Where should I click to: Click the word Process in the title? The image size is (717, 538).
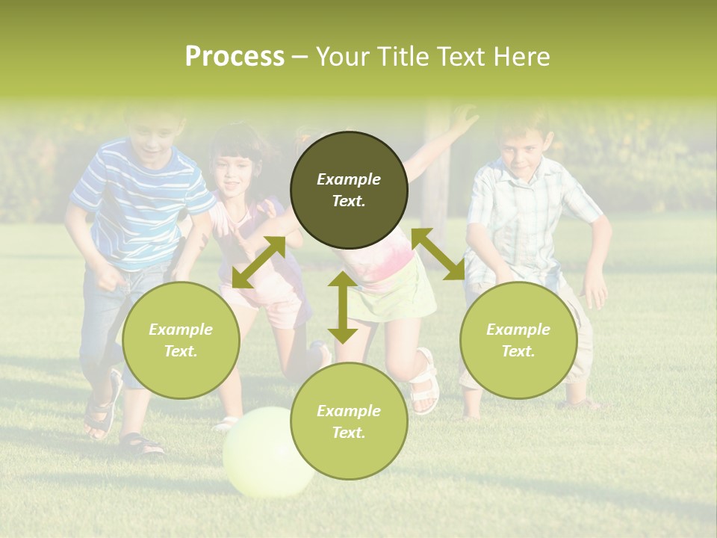pos(235,57)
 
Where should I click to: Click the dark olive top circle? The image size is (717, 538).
pos(349,190)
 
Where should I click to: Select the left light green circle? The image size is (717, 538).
pos(181,340)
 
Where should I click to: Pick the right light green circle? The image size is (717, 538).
pos(518,340)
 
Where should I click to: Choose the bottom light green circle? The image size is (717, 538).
pos(349,421)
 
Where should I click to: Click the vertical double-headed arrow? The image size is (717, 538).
pos(343,307)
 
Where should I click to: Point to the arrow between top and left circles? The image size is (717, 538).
pos(258,262)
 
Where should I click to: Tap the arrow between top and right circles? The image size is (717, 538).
pos(438,254)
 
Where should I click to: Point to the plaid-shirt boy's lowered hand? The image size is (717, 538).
pos(595,291)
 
